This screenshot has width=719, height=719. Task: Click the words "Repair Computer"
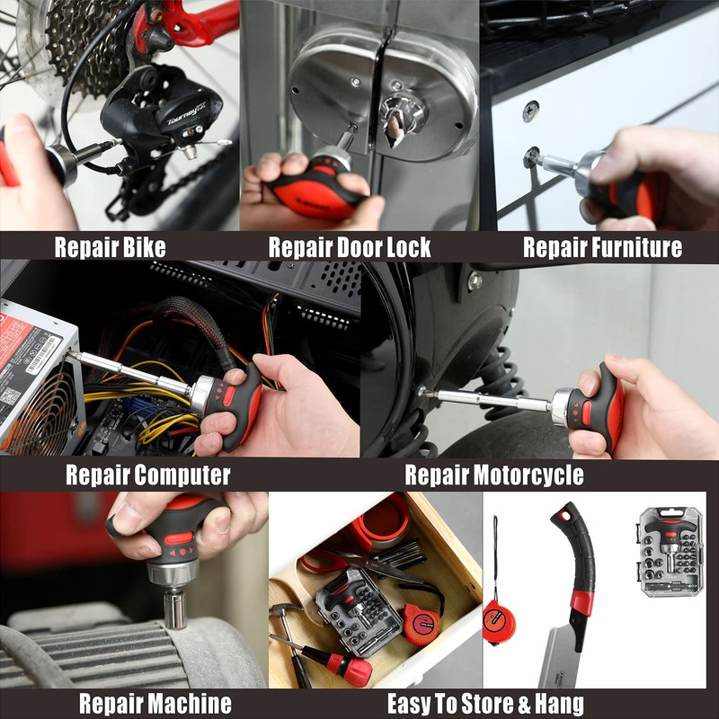click(147, 475)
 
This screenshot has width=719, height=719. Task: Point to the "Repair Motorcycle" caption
click(493, 475)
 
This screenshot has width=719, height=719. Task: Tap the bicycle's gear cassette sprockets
click(76, 45)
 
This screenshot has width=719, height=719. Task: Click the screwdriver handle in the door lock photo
click(315, 184)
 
